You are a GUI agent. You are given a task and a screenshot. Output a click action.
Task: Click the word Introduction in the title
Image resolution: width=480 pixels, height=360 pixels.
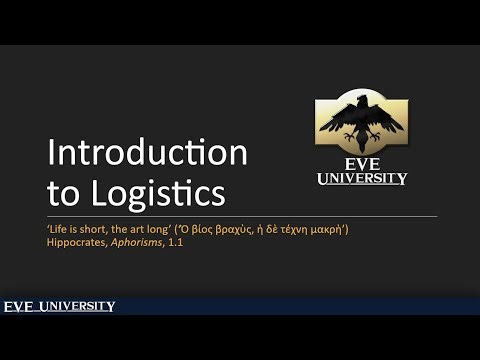(x=147, y=153)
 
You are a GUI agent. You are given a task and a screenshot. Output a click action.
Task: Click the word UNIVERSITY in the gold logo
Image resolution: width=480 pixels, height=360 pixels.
(x=362, y=179)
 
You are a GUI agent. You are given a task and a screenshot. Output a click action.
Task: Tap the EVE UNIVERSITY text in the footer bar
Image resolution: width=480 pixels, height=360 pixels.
(x=59, y=306)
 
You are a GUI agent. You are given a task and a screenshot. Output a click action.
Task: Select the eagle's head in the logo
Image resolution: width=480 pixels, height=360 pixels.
(x=362, y=102)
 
